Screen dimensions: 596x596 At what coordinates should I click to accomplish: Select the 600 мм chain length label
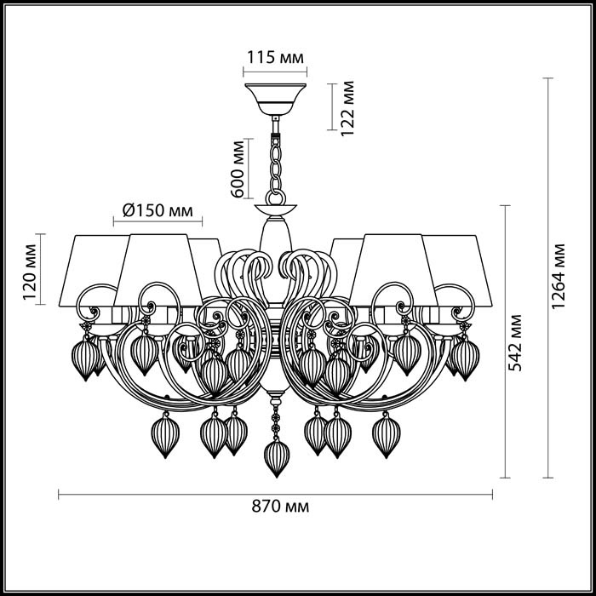click(238, 168)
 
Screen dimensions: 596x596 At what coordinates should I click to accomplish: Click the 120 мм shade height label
click(31, 270)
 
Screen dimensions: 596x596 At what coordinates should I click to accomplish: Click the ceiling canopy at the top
click(275, 95)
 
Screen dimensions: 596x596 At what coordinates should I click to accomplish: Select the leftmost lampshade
click(92, 264)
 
